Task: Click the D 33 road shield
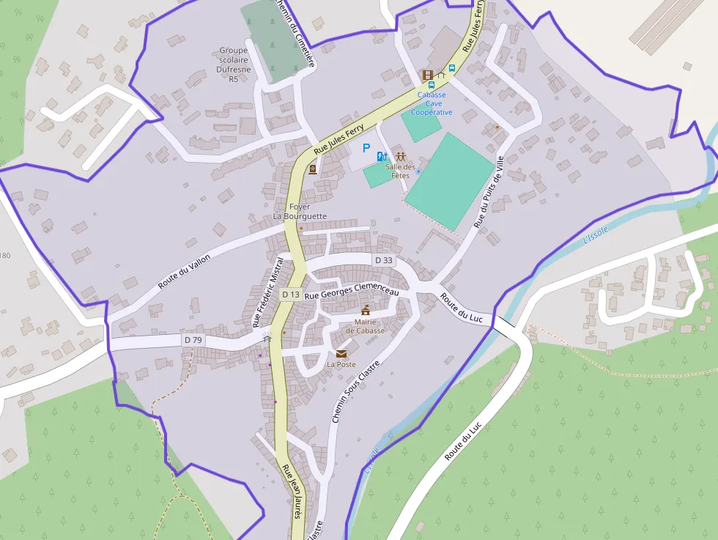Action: (384, 260)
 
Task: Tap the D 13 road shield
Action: (291, 295)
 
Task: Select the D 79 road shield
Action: (193, 340)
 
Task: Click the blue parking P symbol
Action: (366, 148)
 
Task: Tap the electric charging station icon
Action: (381, 156)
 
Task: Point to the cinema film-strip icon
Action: (427, 75)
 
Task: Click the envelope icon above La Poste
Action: (341, 354)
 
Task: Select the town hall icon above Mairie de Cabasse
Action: (366, 310)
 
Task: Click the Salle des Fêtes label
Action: (400, 171)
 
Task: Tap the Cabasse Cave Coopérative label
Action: (432, 103)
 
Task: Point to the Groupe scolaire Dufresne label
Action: (234, 64)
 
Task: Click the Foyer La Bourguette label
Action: (300, 212)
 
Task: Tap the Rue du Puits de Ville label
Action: (490, 192)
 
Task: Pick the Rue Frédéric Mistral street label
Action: (267, 292)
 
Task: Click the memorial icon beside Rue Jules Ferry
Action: (313, 170)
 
